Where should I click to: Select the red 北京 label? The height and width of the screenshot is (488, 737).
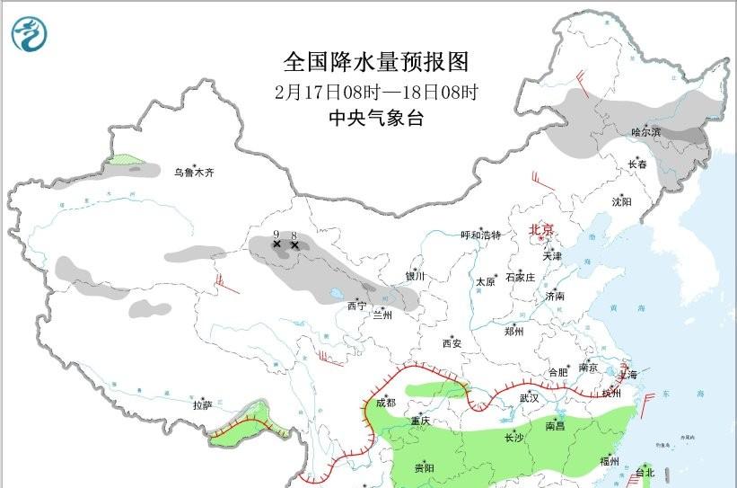click(x=541, y=230)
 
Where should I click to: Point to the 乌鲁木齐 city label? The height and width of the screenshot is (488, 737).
click(x=195, y=173)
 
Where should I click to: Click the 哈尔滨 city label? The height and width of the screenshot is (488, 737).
click(x=645, y=132)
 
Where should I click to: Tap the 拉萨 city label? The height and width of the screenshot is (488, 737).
click(x=202, y=405)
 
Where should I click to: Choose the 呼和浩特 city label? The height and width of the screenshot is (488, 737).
click(x=480, y=235)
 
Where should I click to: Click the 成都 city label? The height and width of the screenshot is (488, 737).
click(x=387, y=403)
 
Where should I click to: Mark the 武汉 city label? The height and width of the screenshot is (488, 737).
click(x=529, y=397)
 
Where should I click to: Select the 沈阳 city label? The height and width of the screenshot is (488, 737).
click(x=622, y=201)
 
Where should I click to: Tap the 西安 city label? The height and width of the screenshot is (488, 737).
click(x=452, y=343)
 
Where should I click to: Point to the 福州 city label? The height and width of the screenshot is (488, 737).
click(x=610, y=461)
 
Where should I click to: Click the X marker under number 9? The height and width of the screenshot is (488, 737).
click(x=276, y=244)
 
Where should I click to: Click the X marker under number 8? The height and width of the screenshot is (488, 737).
click(x=294, y=244)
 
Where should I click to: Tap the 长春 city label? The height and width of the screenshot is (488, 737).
click(x=636, y=164)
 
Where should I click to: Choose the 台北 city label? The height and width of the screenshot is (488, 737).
click(x=645, y=472)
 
